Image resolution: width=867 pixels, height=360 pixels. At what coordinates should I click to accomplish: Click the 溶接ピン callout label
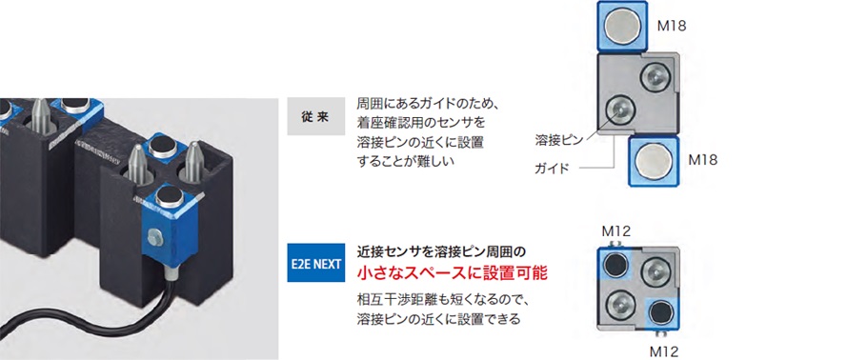pyautogui.click(x=557, y=140)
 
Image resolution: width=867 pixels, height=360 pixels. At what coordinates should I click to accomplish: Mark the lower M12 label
pyautogui.click(x=665, y=350)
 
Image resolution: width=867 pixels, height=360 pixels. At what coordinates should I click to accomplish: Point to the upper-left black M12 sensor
pyautogui.click(x=617, y=264)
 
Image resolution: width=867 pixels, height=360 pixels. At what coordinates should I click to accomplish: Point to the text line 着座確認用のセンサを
pyautogui.click(x=420, y=122)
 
